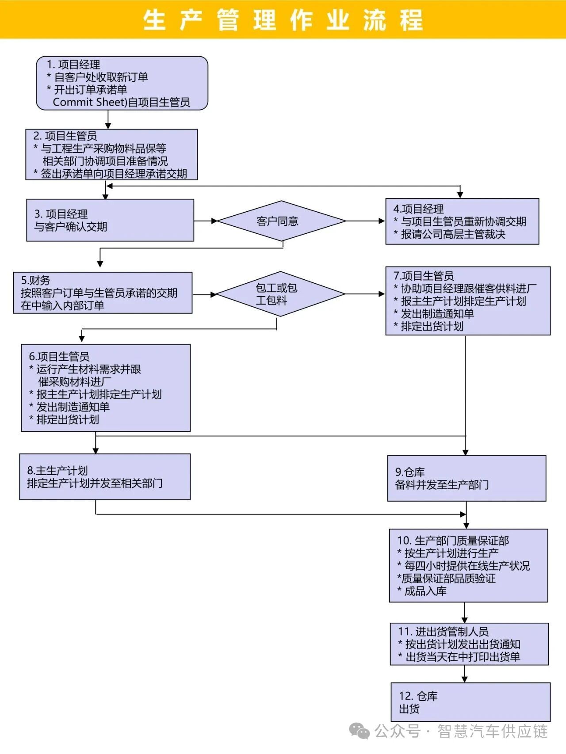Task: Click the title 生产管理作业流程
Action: click(x=283, y=20)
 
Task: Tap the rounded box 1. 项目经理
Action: click(x=122, y=83)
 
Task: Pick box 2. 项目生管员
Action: click(x=111, y=155)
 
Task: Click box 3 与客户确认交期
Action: click(x=110, y=220)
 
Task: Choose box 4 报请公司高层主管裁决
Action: click(x=462, y=221)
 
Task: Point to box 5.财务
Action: click(x=103, y=293)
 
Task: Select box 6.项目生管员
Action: click(x=106, y=388)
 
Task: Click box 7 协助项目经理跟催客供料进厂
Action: click(x=468, y=301)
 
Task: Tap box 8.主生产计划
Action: click(x=105, y=477)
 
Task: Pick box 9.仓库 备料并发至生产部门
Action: click(x=467, y=478)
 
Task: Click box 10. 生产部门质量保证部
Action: click(x=468, y=566)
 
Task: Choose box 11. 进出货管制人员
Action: click(x=469, y=644)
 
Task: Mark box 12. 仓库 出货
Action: click(x=470, y=702)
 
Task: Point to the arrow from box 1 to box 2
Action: click(x=108, y=120)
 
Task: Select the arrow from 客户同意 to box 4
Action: click(x=365, y=221)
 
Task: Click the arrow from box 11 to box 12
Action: click(x=464, y=674)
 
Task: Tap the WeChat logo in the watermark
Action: click(x=359, y=731)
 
